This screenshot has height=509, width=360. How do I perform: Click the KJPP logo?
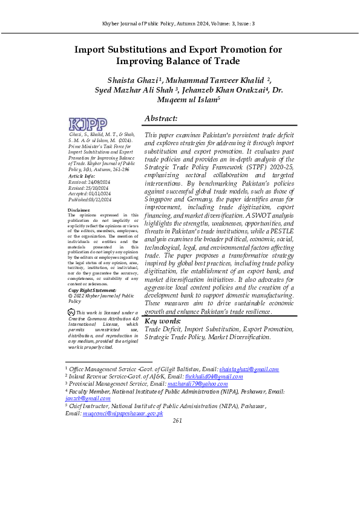point(88,125)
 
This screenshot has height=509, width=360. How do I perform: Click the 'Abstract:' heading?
point(161,118)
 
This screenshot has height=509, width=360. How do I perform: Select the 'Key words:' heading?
point(162,321)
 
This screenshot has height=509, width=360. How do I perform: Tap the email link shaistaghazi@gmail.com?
point(249,369)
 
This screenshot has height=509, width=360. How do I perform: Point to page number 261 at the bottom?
point(177,421)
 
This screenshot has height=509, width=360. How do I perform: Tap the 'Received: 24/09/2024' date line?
point(90,181)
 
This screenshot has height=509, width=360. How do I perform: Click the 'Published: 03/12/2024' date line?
point(90,199)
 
